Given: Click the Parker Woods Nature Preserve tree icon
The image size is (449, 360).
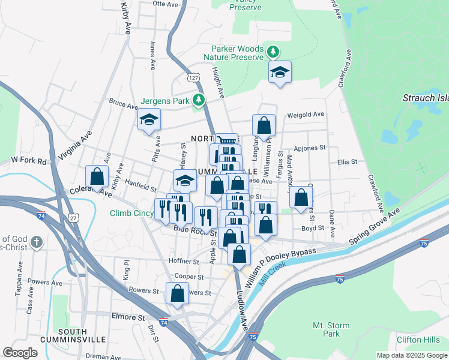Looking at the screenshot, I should click(273, 52).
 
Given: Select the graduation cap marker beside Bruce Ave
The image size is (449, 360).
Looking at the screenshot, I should click(149, 120).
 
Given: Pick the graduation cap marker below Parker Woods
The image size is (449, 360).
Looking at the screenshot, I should click(280, 73).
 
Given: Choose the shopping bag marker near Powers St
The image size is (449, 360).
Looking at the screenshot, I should click(178, 294).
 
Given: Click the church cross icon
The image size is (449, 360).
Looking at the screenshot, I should click(36, 243).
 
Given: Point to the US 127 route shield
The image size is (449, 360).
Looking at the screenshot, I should click(193, 78).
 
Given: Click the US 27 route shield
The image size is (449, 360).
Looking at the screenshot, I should click(73, 217).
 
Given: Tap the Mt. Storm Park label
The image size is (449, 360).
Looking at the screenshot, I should click(331, 329).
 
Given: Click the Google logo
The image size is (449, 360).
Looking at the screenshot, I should click(20, 353).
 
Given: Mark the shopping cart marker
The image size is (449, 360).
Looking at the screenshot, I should click(227, 139).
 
